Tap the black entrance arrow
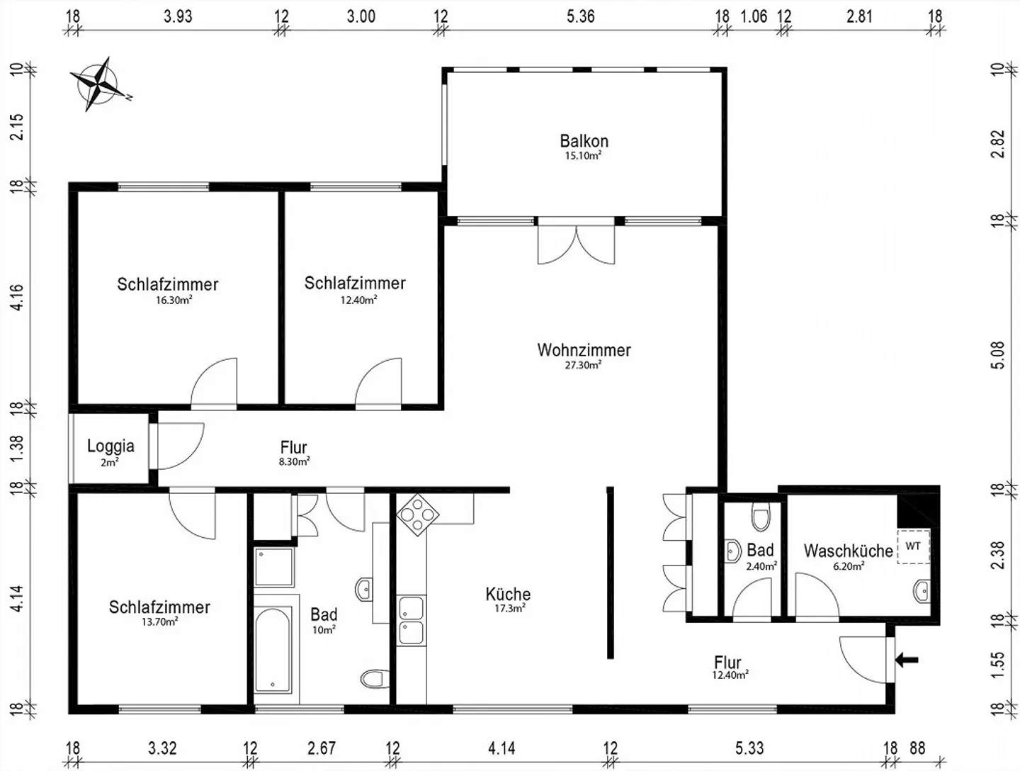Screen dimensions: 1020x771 tap(907, 659)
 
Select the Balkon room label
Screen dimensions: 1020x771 tap(584, 141)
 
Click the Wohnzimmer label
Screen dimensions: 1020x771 tap(584, 350)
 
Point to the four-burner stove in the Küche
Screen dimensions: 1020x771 tap(417, 514)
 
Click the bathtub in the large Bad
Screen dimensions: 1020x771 tap(273, 648)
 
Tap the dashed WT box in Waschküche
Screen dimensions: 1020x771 tap(913, 546)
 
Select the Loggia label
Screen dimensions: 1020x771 tap(110, 446)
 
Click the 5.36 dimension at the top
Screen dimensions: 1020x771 tap(580, 17)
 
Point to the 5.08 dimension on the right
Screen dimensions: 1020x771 tap(998, 355)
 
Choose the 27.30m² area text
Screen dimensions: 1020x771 tap(583, 365)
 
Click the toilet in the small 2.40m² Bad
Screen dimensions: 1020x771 tap(761, 518)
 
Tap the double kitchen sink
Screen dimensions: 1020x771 tap(412, 621)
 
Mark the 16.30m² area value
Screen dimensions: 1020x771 tap(174, 300)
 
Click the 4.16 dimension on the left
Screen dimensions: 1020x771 tap(17, 298)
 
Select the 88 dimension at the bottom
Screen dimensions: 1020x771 tap(917, 748)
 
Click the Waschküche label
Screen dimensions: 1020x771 tap(849, 551)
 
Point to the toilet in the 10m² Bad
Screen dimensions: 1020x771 tap(375, 679)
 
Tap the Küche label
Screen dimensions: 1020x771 tap(508, 594)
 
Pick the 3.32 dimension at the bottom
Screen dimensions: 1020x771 tap(162, 748)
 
